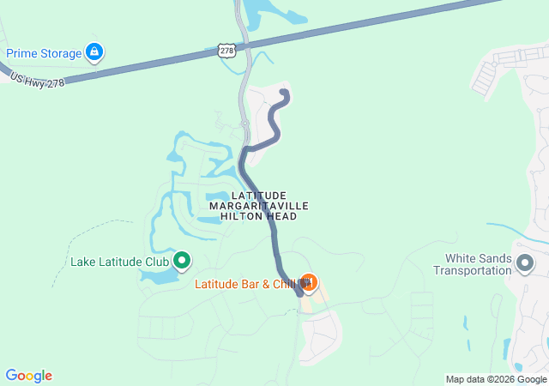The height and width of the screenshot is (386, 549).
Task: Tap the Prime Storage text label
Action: [44, 53]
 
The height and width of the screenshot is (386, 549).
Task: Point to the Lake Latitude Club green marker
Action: [182, 259]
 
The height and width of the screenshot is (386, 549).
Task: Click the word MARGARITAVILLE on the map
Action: [258, 206]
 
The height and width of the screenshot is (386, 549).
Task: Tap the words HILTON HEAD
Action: [258, 216]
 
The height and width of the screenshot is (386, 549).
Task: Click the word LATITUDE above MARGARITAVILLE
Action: [258, 196]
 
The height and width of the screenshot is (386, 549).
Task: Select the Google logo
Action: [28, 376]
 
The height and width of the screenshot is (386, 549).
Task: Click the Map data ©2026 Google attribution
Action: [495, 379]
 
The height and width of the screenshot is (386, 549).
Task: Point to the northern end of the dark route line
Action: [285, 93]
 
